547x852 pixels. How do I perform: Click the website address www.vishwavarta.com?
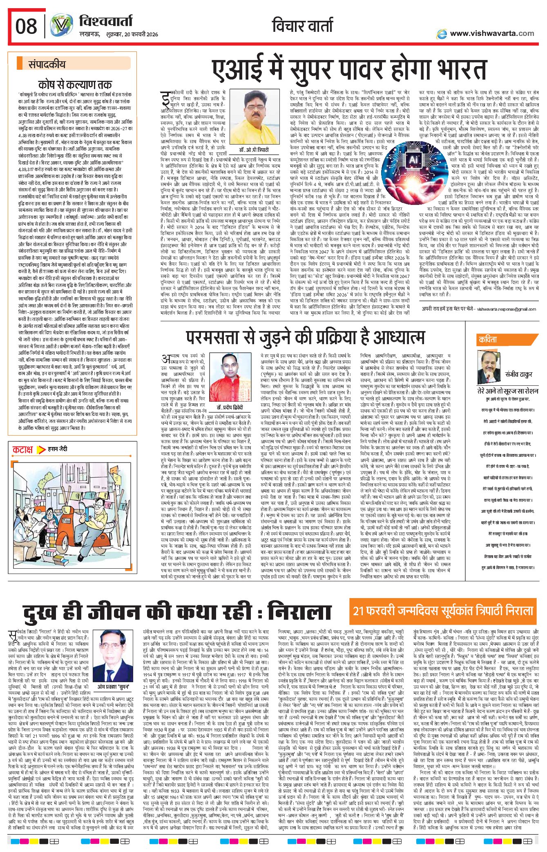[491, 33]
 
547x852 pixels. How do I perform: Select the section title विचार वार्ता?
[302, 25]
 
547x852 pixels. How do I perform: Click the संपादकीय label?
[47, 64]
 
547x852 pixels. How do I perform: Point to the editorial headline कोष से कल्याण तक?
[75, 85]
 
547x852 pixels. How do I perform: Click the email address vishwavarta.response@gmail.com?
[507, 309]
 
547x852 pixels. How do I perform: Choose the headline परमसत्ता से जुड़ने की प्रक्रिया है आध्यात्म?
[305, 337]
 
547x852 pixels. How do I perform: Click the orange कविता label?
[488, 340]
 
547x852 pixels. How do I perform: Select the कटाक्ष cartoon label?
[23, 449]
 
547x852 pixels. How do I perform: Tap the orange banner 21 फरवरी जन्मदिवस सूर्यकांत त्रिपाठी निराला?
[443, 611]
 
